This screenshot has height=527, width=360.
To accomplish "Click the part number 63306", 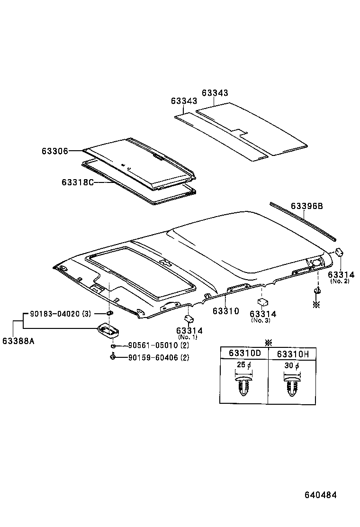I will coord(54,151).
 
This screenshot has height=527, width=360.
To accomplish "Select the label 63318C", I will coord(77,182).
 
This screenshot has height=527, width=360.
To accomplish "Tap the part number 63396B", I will coord(306,206).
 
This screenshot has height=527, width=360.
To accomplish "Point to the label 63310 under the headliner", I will coord(225,311).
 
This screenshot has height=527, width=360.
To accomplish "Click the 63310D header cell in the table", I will coord(244,354).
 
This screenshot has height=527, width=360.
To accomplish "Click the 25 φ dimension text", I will coord(244,365).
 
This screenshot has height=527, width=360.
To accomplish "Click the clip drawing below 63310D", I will coord(244,387).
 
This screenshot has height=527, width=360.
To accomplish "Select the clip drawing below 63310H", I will coord(292,387).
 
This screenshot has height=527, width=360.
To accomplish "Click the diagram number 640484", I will coord(320,495).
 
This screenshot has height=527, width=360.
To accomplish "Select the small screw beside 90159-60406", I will coord(113,357).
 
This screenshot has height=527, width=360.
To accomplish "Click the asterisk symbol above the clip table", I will coord(269,342).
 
